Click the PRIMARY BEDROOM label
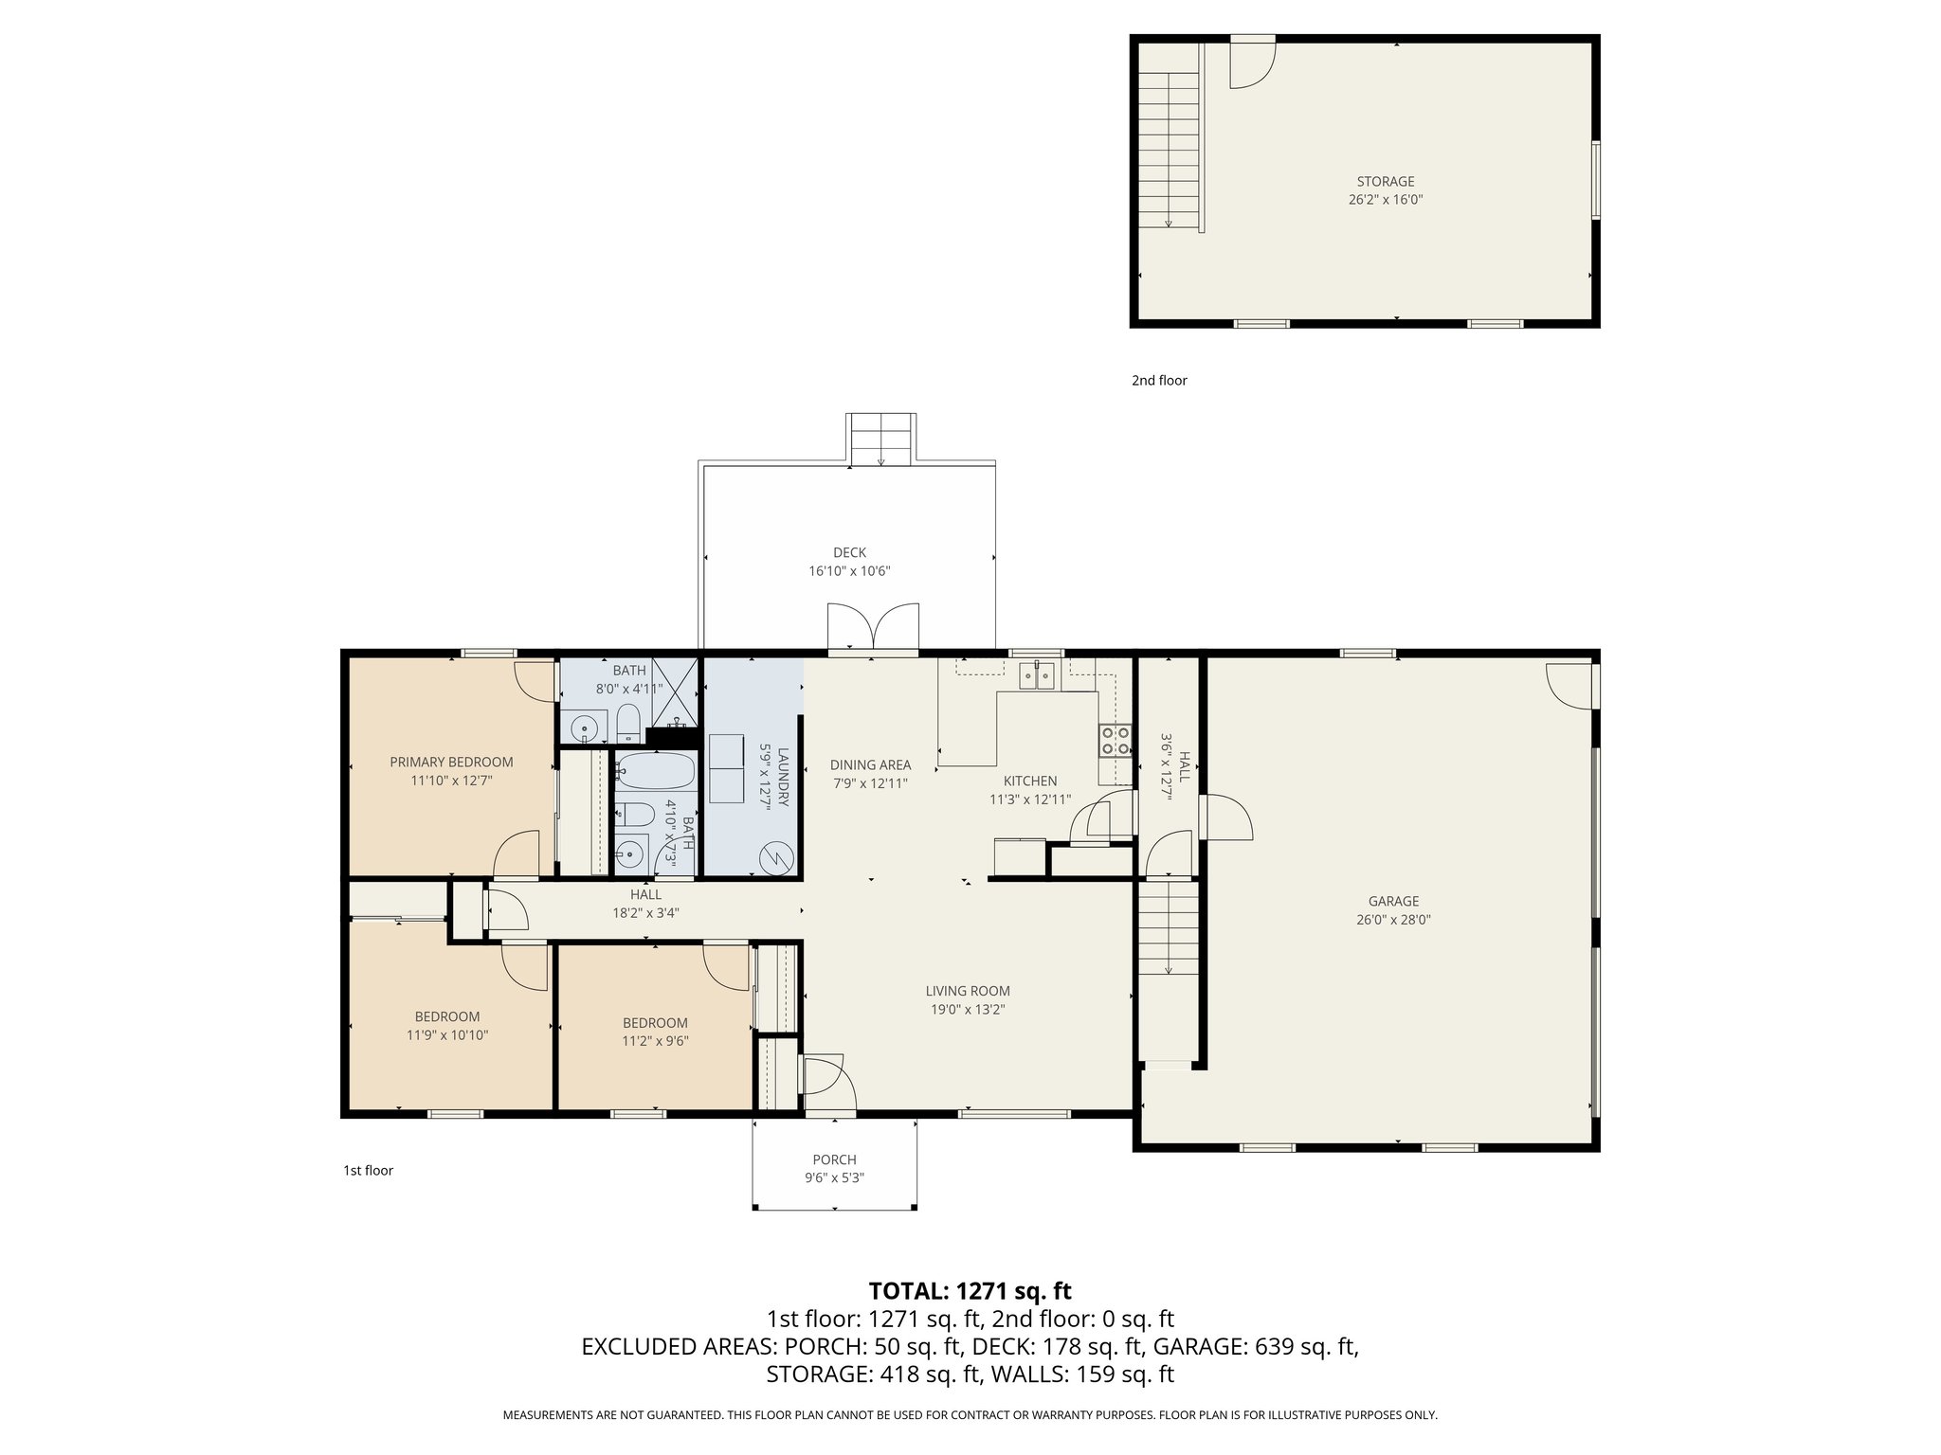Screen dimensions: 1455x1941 point(451,762)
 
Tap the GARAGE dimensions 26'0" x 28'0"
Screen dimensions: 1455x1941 point(1392,919)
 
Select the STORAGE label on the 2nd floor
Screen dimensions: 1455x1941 point(1385,181)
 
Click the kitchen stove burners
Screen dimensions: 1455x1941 point(1115,740)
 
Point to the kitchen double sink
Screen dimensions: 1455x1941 point(1038,675)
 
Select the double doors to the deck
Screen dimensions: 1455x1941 point(873,627)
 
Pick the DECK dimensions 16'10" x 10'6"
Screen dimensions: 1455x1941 point(849,571)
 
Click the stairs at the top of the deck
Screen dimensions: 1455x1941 point(880,440)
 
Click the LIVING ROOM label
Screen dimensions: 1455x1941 point(968,991)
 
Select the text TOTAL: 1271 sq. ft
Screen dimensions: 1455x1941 point(970,1291)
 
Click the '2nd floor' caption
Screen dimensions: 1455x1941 point(1158,381)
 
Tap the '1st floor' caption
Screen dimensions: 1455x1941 point(368,1171)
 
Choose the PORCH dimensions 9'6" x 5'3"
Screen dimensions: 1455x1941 point(834,1177)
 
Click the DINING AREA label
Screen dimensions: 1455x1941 point(870,764)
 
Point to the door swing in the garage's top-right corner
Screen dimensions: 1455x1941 point(1569,685)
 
